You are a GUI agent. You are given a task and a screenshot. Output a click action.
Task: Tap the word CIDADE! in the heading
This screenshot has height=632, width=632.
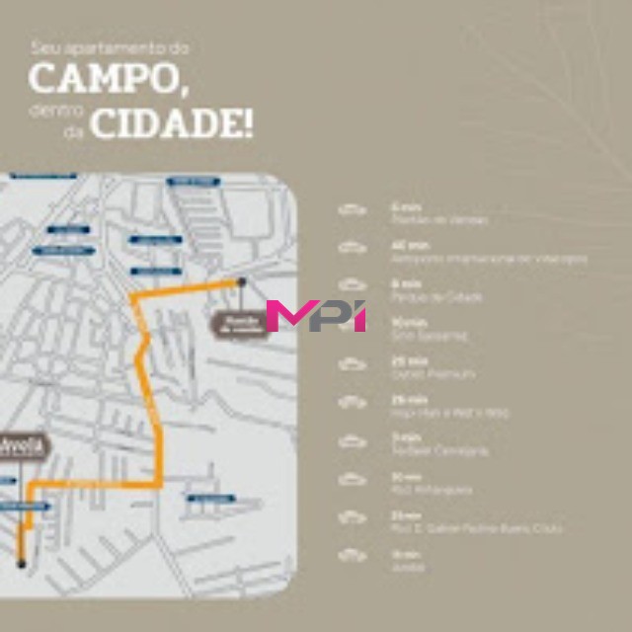pos(172,124)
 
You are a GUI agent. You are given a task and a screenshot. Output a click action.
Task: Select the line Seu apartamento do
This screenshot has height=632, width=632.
pos(109,46)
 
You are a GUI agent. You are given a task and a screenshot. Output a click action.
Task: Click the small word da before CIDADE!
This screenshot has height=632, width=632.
pos(73,130)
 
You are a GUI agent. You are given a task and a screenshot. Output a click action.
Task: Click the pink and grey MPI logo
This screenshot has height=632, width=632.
pos(316,315)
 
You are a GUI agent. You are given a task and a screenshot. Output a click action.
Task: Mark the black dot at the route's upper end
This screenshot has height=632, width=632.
pos(241,281)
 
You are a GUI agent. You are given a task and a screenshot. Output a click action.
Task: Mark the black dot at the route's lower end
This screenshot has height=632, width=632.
pos(20,564)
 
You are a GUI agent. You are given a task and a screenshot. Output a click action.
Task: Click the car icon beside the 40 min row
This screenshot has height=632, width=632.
pos(352,248)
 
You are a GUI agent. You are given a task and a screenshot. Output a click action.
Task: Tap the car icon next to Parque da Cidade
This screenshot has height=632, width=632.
pos(352,287)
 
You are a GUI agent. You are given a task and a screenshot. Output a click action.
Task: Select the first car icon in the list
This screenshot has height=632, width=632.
pos(352,209)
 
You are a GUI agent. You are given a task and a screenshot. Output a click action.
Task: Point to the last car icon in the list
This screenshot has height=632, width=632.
pos(352,556)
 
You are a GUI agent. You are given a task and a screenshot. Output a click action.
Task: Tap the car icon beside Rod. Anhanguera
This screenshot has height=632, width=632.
pos(352,479)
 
